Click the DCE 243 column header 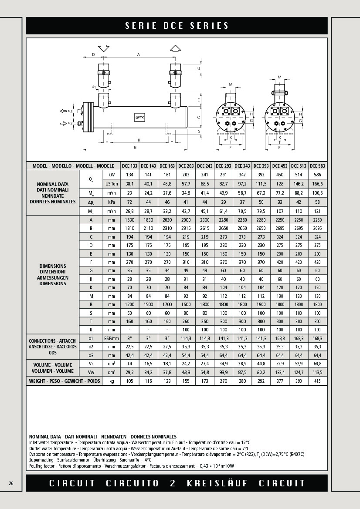tap(205, 166)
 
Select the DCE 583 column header tap(317, 166)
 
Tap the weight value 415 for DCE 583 tap(317, 381)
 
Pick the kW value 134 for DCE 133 tap(129, 175)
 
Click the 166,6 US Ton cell tap(317, 184)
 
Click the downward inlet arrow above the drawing tap(104, 48)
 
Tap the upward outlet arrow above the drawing tap(176, 48)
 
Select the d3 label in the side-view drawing tap(70, 111)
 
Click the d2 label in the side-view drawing tap(70, 123)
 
